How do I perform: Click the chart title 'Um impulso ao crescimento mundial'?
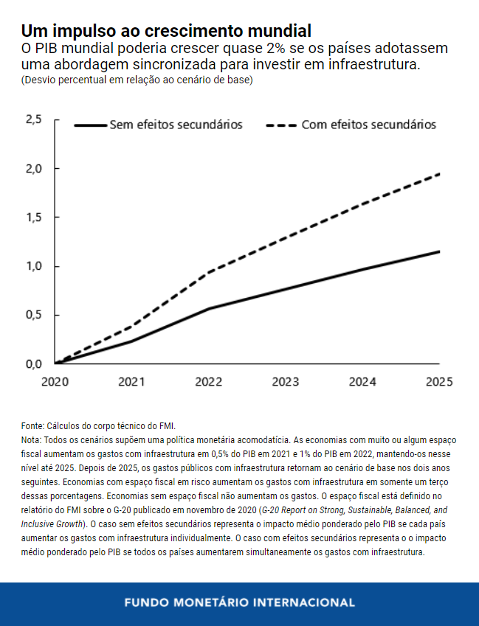point(165,31)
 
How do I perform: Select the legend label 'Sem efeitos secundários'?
point(176,125)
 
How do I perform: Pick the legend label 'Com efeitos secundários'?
point(368,125)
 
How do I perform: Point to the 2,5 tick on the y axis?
point(33,119)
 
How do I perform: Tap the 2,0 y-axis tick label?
point(33,168)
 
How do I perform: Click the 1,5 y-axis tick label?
point(33,218)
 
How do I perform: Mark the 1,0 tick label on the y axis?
point(33,266)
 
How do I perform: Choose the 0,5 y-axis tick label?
point(33,315)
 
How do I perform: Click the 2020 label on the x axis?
point(55,382)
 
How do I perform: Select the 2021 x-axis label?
point(131,382)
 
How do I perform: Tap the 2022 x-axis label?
point(209,382)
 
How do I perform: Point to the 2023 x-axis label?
point(286,382)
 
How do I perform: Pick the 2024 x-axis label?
point(362,382)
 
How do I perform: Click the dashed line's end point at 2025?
point(440,173)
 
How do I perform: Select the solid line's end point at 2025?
point(440,251)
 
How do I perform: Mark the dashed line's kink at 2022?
point(209,273)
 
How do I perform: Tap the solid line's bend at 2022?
point(209,308)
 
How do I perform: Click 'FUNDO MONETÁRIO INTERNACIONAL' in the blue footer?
point(239,602)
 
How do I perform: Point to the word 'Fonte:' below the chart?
point(32,426)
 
